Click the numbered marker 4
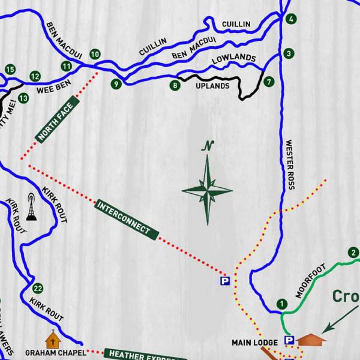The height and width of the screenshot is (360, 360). point(291,19)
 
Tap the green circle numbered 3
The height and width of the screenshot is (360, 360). point(289,53)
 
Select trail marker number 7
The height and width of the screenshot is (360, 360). point(268,81)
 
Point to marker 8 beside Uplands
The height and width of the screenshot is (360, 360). point(175,86)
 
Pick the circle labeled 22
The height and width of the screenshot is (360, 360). point(38,287)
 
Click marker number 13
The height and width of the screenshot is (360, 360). point(23,98)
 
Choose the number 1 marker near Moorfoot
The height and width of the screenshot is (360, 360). point(281,305)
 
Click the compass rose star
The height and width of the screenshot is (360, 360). point(207,191)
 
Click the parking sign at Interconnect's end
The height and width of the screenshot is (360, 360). point(225,280)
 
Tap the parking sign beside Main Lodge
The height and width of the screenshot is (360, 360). point(289,340)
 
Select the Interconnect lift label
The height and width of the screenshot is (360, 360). point(127,220)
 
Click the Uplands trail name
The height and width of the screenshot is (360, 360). point(212,86)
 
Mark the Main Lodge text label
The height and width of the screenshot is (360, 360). point(255,343)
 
